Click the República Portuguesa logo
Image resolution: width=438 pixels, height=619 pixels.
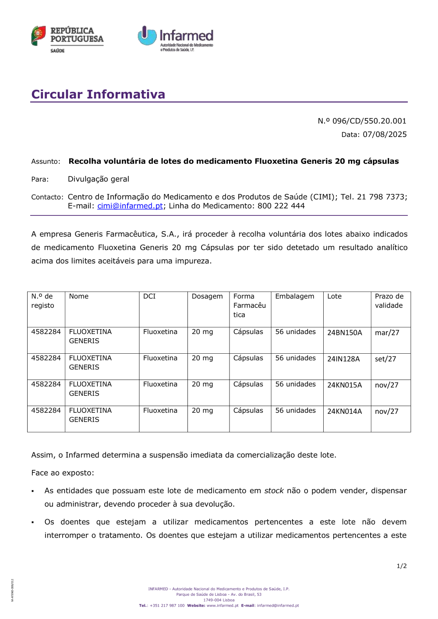click(67, 39)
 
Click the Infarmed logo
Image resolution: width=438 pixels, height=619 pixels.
click(176, 39)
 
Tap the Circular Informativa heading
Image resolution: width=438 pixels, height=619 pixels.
click(98, 94)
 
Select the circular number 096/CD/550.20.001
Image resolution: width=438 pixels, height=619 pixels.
click(369, 121)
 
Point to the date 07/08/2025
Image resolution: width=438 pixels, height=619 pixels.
click(385, 134)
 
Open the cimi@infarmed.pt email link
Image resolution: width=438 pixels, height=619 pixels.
click(130, 206)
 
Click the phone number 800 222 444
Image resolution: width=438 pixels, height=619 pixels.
click(281, 206)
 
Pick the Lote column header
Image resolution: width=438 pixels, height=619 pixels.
click(335, 296)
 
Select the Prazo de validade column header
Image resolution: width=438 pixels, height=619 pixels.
click(389, 301)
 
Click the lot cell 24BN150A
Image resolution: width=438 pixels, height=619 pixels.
click(345, 333)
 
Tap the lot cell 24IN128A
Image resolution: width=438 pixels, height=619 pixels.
click(343, 359)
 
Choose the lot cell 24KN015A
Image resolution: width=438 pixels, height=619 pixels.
click(345, 385)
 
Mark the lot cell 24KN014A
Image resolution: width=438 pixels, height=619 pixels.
click(345, 411)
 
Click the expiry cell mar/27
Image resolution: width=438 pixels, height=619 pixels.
click(387, 333)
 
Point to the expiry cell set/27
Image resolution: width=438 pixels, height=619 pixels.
click(385, 359)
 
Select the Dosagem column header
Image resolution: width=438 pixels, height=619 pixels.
click(207, 296)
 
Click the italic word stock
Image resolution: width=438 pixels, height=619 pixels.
click(274, 491)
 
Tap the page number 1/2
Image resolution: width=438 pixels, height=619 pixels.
click(402, 566)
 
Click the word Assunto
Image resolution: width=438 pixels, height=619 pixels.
click(46, 162)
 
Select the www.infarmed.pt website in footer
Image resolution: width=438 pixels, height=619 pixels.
click(223, 605)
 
